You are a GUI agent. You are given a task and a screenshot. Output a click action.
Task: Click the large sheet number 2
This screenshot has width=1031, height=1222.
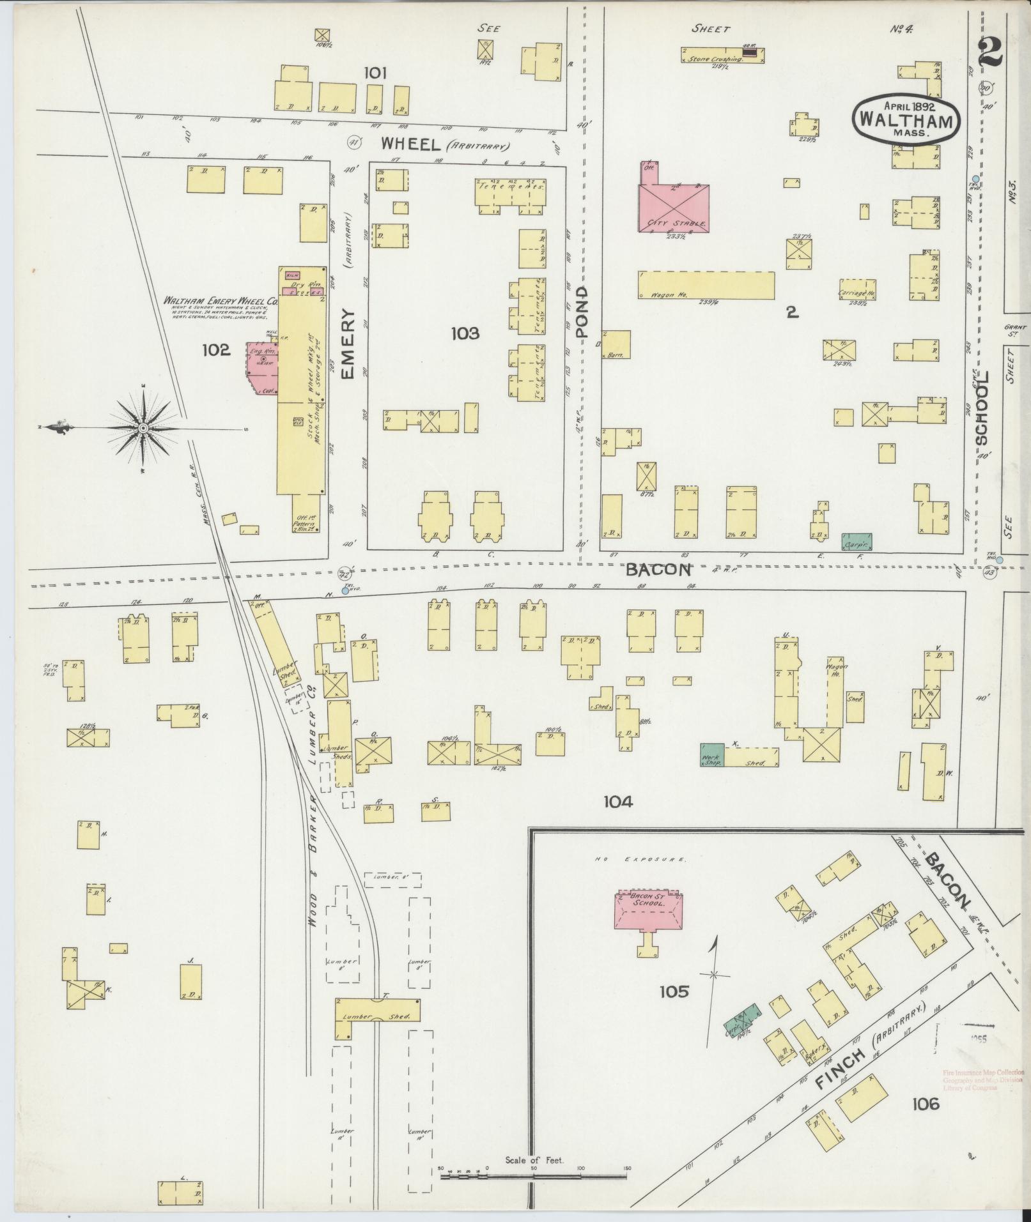click(x=990, y=52)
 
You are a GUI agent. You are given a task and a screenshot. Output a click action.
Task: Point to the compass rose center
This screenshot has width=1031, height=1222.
click(x=143, y=427)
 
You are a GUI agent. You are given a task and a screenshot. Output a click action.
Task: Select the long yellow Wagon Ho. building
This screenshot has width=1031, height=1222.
click(x=706, y=285)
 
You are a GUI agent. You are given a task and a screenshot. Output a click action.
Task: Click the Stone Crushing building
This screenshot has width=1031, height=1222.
click(x=722, y=54)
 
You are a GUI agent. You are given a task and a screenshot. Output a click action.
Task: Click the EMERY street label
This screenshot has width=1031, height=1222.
click(x=347, y=345)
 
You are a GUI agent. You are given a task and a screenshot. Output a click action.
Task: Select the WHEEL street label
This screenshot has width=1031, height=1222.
click(x=412, y=144)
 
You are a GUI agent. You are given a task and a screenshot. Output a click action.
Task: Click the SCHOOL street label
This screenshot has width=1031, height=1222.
click(x=982, y=409)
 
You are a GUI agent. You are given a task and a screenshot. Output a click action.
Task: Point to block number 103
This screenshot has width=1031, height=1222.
click(x=465, y=333)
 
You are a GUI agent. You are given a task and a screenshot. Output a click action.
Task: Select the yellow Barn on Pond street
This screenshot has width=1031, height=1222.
click(x=616, y=345)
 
